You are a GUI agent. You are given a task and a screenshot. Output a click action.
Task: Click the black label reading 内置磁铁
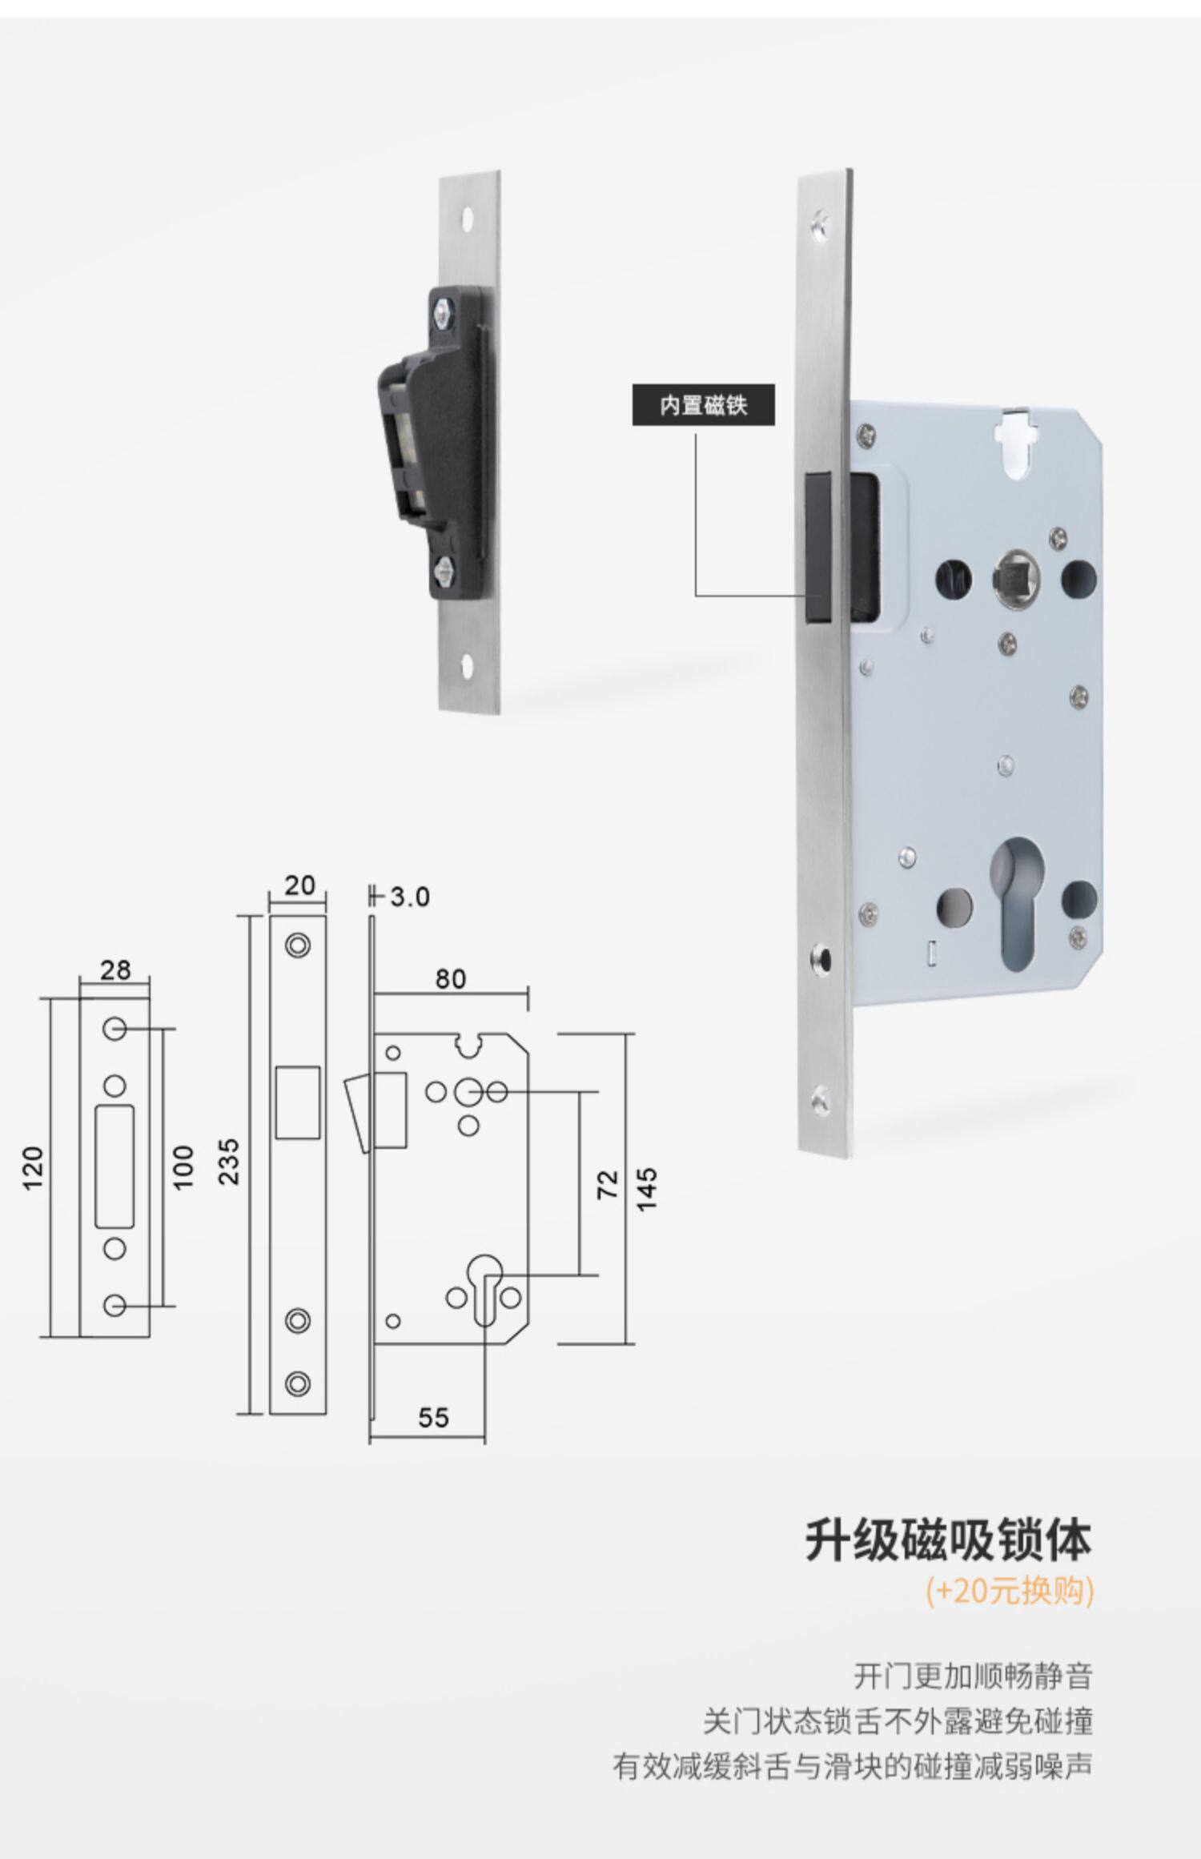tap(703, 404)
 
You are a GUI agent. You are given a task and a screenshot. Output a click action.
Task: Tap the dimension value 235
tap(229, 1162)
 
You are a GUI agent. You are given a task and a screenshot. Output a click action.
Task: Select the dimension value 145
tap(647, 1189)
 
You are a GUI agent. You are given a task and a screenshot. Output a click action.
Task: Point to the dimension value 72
tap(609, 1184)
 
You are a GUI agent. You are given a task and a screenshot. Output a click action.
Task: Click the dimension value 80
tap(450, 978)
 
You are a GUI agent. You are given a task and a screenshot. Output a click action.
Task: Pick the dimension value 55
tap(433, 1418)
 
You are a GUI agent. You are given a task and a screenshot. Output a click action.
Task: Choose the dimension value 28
tap(115, 970)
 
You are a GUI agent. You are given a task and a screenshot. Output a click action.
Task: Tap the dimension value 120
tap(33, 1168)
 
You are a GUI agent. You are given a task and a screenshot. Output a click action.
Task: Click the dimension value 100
tap(183, 1167)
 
